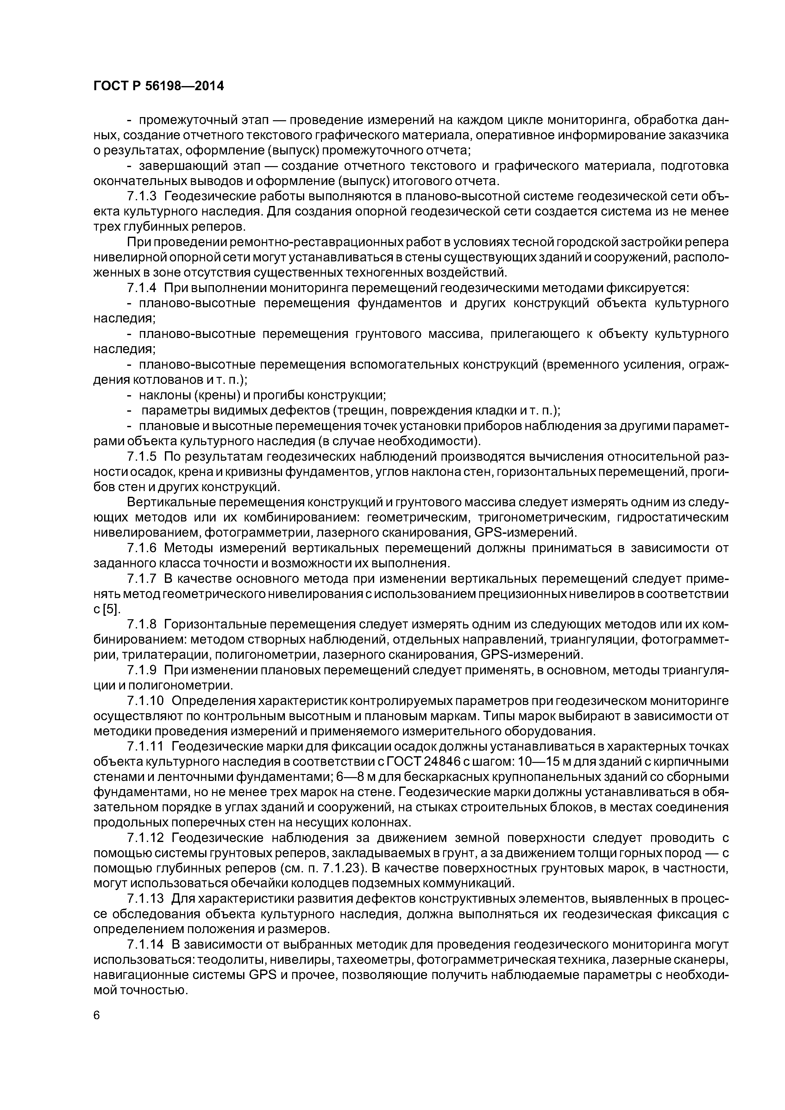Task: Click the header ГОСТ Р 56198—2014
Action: pyautogui.click(x=159, y=86)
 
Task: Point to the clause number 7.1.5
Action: pyautogui.click(x=142, y=456)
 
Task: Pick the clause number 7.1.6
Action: pyautogui.click(x=142, y=548)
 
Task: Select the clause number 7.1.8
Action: pyautogui.click(x=142, y=624)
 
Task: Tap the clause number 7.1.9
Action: pyautogui.click(x=142, y=670)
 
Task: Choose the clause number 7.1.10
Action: pyautogui.click(x=146, y=701)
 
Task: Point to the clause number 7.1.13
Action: pyautogui.click(x=146, y=898)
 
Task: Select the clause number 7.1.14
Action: pyautogui.click(x=146, y=944)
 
